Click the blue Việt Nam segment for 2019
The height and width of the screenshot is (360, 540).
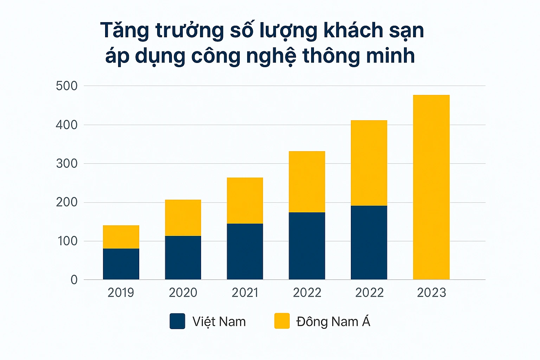(121, 264)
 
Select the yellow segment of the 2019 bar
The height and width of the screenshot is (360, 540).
(121, 237)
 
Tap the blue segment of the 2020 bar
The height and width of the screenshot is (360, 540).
(183, 257)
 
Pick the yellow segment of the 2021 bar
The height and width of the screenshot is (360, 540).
(245, 200)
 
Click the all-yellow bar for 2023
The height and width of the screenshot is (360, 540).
(431, 187)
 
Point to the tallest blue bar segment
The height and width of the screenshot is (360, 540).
(369, 242)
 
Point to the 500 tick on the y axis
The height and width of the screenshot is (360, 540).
(67, 86)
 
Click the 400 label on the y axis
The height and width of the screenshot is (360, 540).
(67, 125)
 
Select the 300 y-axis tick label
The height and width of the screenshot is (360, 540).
(67, 163)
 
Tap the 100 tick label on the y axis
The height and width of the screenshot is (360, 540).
(67, 241)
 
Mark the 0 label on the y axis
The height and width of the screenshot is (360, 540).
(74, 280)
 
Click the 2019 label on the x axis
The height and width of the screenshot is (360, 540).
(121, 292)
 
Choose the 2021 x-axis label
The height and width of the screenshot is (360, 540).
(245, 292)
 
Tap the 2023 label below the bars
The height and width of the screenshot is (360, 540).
(431, 292)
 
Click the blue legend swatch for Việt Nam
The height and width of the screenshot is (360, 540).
(177, 321)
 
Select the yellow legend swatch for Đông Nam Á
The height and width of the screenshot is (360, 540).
(282, 321)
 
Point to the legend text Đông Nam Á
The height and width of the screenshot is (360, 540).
(333, 322)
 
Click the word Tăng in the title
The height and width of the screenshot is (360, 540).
(125, 31)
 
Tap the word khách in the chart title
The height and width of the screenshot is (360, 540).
(353, 31)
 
